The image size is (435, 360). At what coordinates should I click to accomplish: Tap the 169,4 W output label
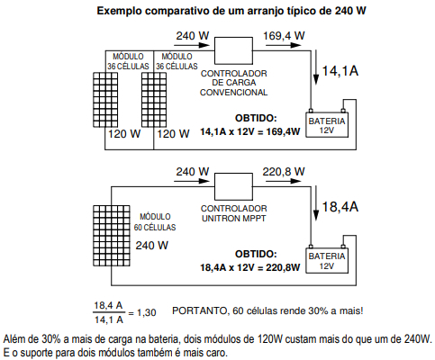point(284,36)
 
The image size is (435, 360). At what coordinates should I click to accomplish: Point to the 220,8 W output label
point(284,172)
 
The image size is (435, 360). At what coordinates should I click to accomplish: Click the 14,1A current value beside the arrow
point(340,71)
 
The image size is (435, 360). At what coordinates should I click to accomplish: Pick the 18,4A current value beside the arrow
point(340,207)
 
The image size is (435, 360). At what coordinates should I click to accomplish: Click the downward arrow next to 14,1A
point(316,67)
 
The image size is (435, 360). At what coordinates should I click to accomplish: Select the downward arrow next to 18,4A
point(316,203)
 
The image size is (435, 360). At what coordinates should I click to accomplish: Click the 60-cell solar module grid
point(112,236)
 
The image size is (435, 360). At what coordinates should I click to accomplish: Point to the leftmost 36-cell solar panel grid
point(105,100)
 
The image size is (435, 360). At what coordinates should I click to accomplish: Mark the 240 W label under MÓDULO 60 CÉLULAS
point(152,246)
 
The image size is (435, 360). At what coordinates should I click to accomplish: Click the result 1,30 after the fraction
point(147,312)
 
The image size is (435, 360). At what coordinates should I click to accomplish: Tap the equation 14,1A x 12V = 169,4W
point(250,131)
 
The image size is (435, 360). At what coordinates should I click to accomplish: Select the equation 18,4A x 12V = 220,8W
point(250,267)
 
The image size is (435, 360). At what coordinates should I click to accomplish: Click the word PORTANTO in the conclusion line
point(199,310)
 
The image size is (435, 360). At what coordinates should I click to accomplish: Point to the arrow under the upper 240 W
point(192,45)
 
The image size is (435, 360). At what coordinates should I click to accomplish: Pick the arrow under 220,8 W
point(283,181)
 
